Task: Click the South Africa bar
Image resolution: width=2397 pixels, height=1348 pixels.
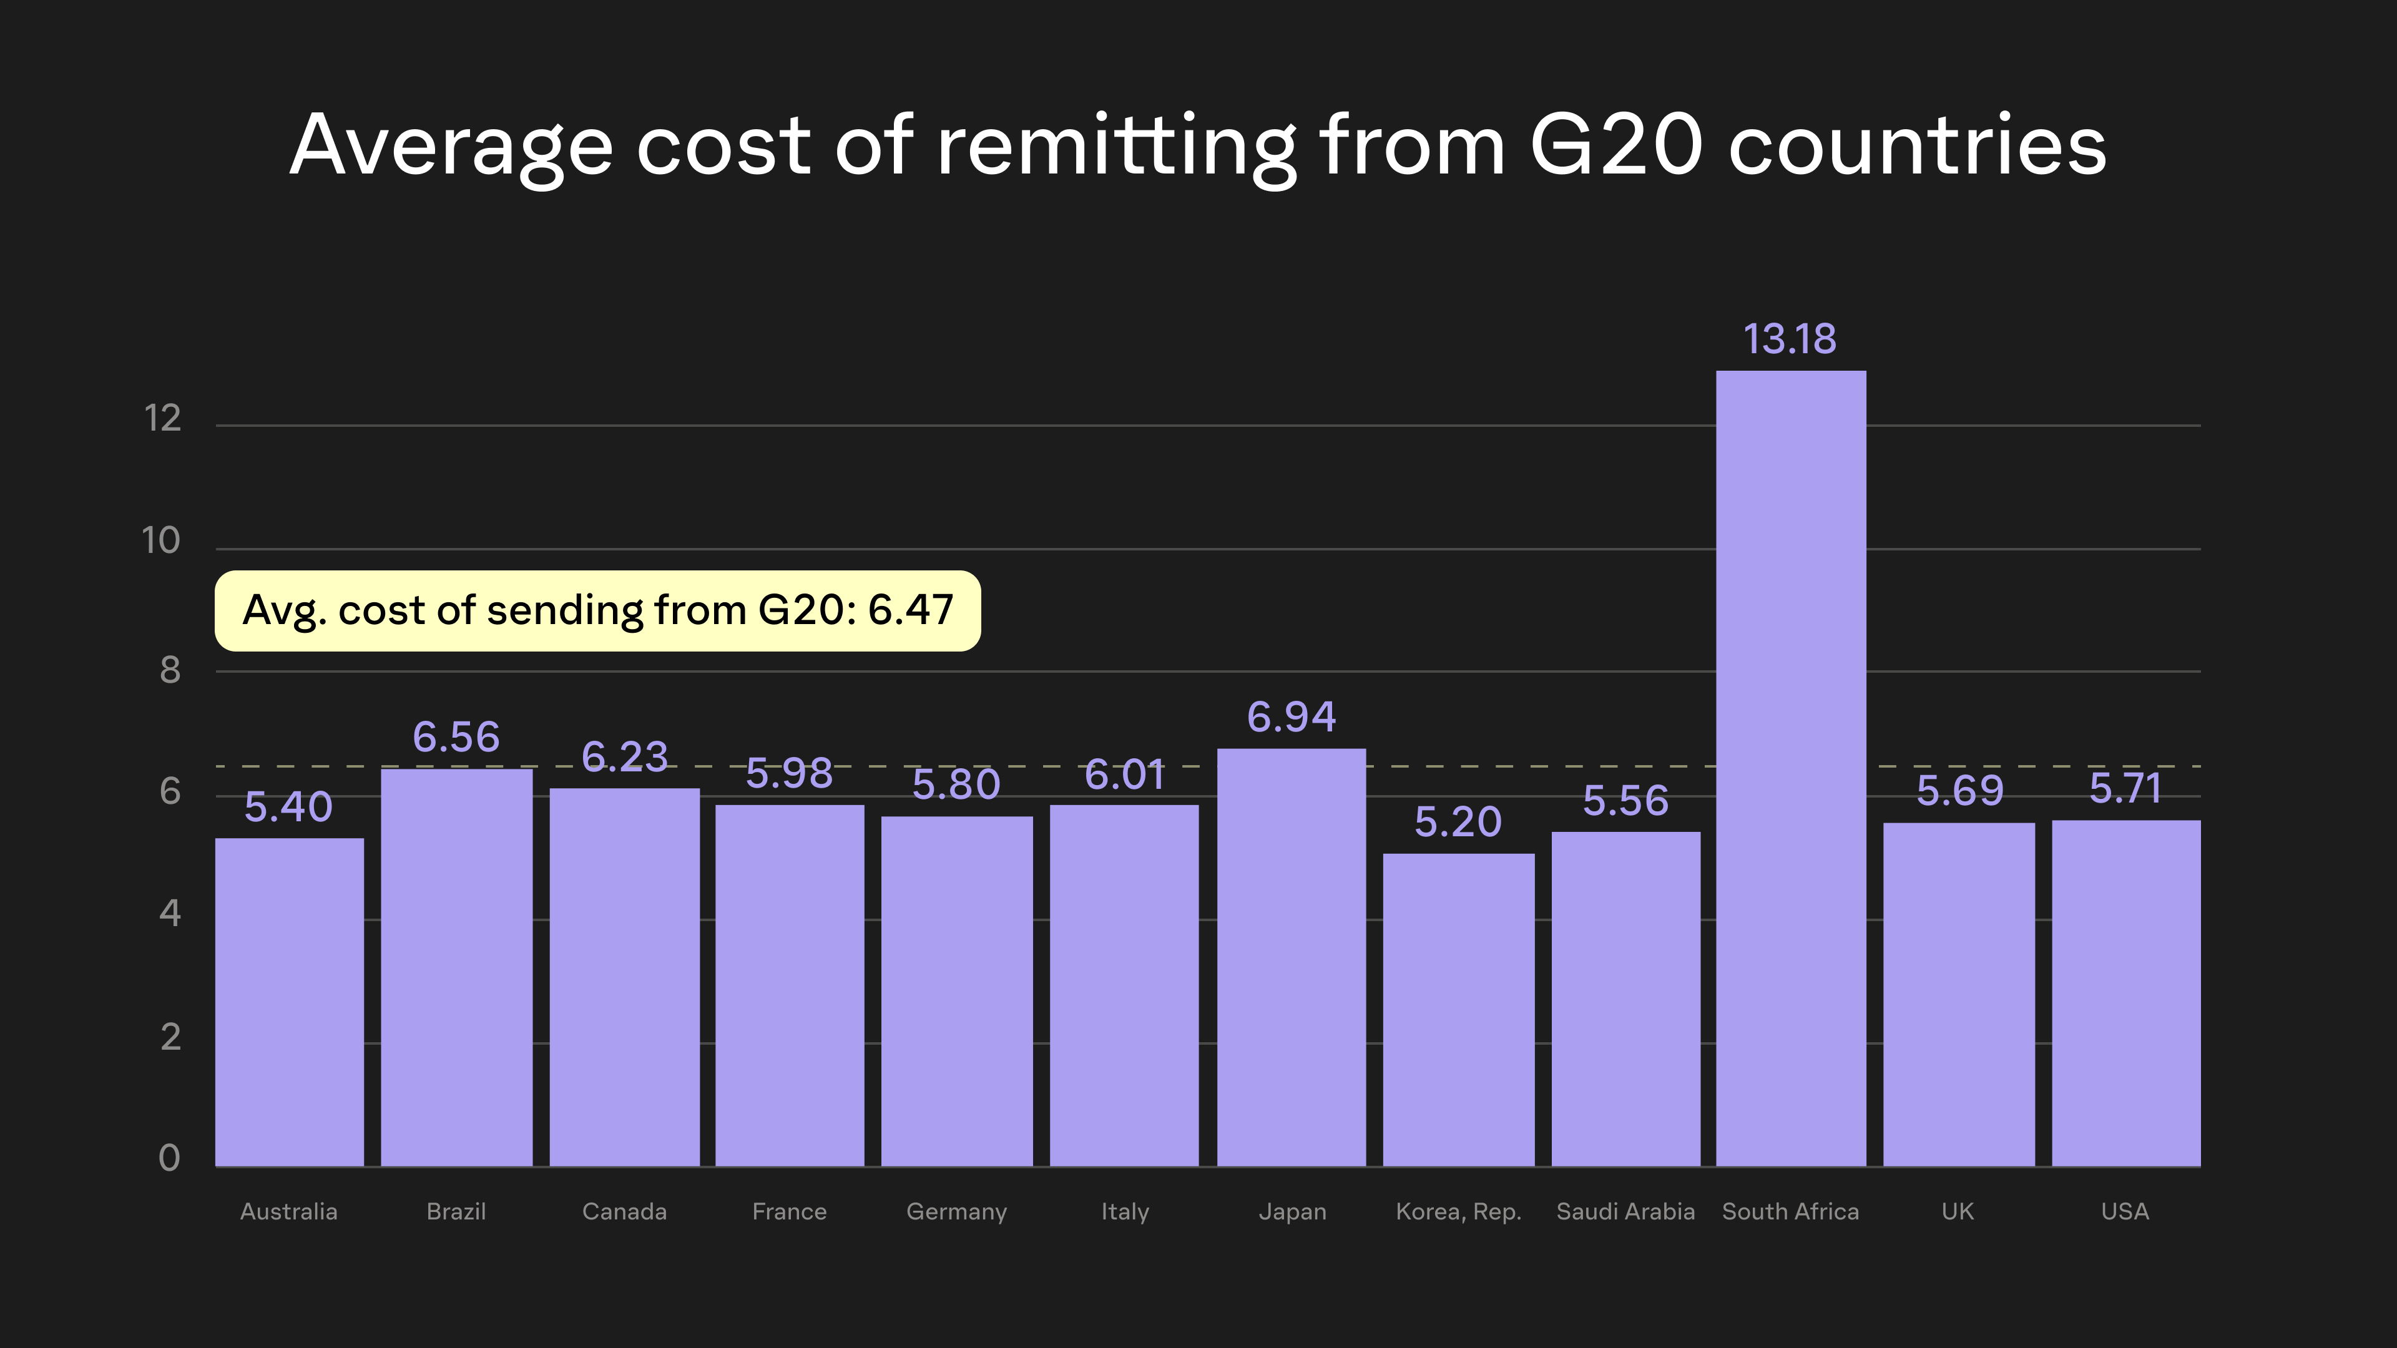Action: point(1790,768)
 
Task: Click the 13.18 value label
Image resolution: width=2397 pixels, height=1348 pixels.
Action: point(1790,339)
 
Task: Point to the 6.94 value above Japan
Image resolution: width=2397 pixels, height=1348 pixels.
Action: point(1292,717)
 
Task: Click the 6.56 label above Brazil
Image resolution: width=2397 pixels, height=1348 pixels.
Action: point(456,738)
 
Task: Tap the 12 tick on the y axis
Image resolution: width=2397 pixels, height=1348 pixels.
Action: point(163,419)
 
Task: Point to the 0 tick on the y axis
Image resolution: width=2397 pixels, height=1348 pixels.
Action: point(169,1158)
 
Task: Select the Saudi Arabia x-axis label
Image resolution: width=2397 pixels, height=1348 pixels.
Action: point(1625,1211)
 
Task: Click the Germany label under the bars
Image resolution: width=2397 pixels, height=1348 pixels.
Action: point(956,1211)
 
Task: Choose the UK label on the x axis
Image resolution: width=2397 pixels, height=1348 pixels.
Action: point(1958,1211)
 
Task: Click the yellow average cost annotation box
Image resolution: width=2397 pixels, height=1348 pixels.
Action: point(597,611)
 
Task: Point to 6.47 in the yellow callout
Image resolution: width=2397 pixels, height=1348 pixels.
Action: point(910,610)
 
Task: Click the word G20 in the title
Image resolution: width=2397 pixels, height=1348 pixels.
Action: point(1616,145)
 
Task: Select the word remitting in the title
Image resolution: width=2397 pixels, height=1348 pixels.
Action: point(1117,145)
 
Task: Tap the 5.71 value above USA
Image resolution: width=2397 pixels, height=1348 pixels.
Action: point(2125,789)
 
